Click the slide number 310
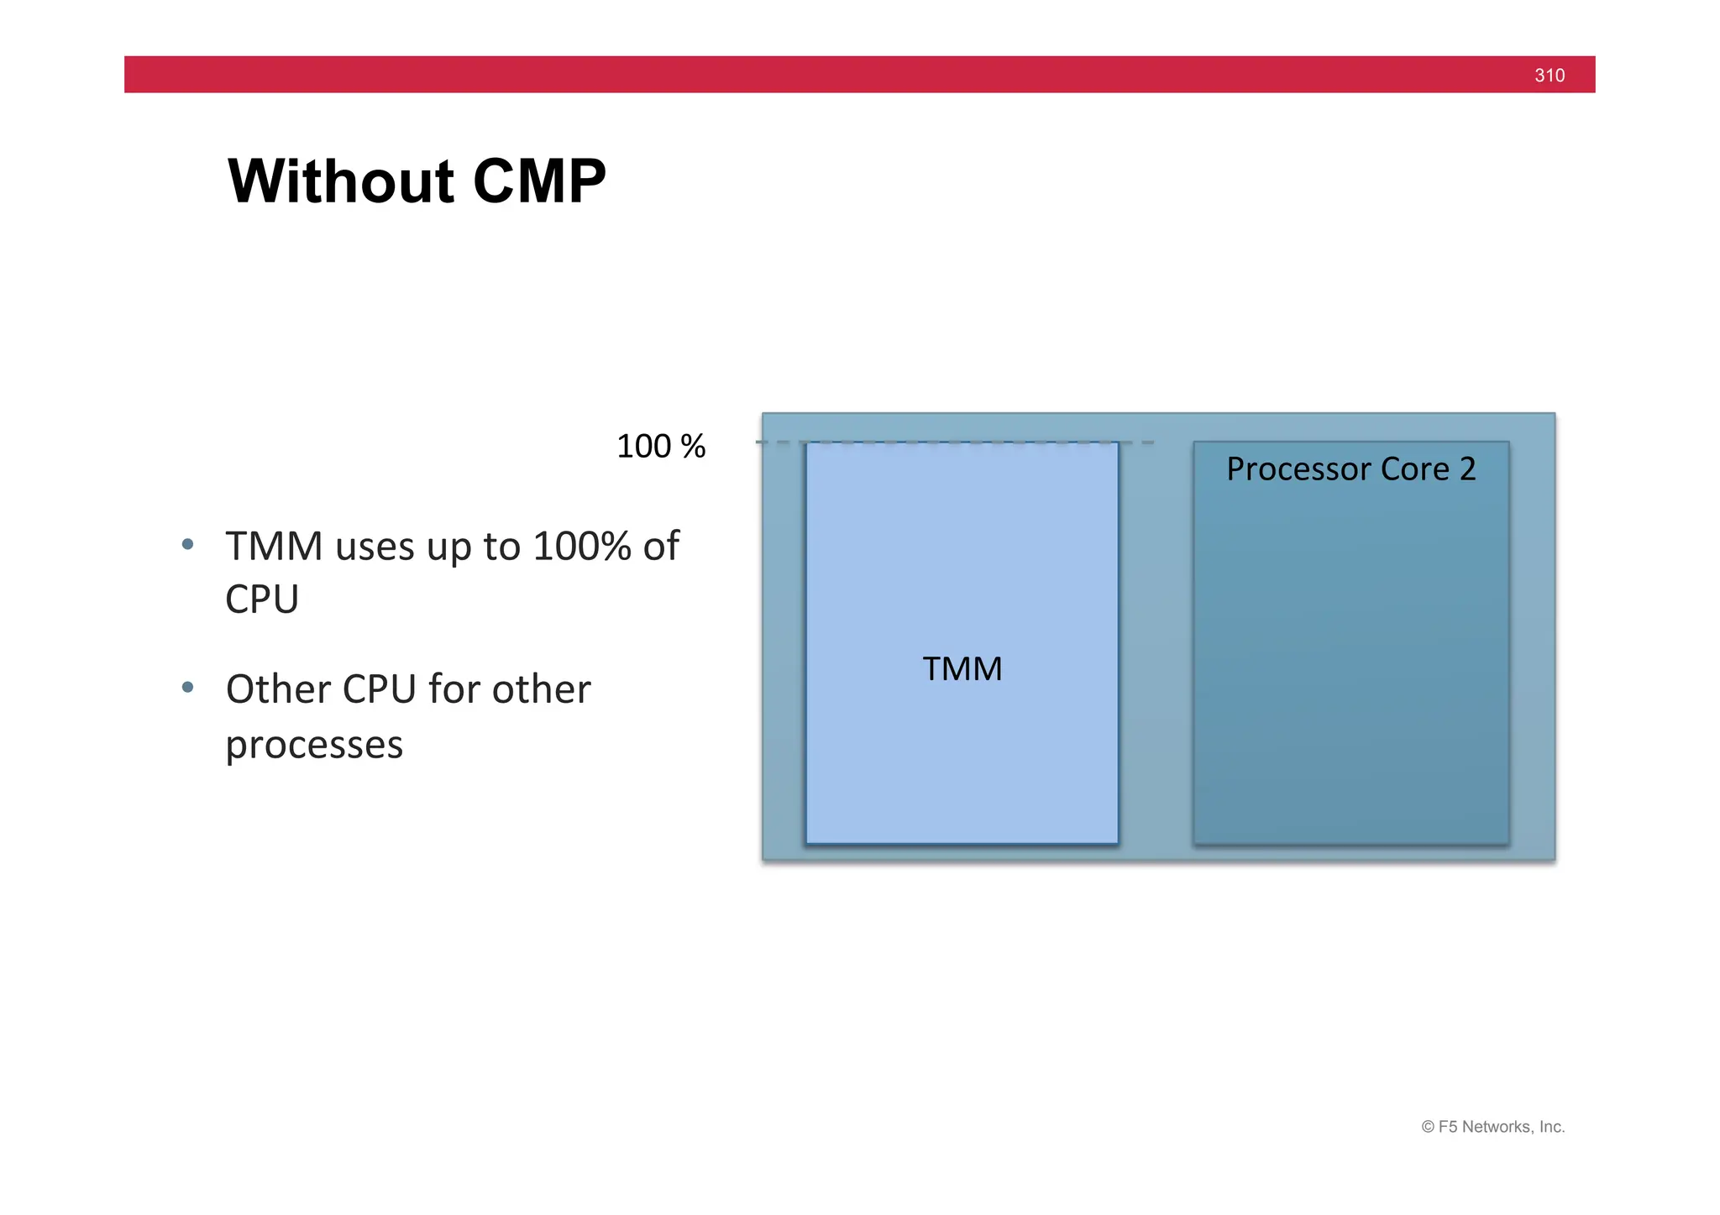point(1549,76)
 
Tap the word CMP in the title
point(539,181)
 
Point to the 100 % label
point(661,447)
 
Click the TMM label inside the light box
point(962,669)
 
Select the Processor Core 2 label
point(1350,469)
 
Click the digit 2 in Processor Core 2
point(1467,469)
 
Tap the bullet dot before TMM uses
point(188,545)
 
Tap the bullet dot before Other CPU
point(188,688)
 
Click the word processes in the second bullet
point(314,745)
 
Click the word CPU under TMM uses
point(262,600)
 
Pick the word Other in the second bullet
point(279,689)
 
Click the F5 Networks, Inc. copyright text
point(1501,1127)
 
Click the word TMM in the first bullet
point(274,547)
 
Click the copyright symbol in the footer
point(1428,1127)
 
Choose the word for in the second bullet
point(454,689)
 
